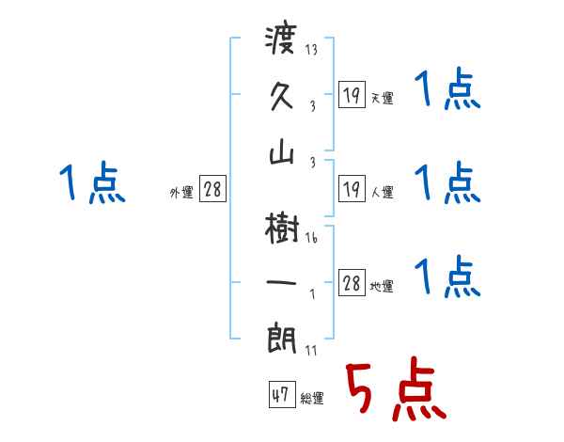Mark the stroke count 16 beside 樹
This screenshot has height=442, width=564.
click(311, 238)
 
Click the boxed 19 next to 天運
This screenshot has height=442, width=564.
click(352, 96)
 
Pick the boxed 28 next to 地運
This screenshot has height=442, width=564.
click(352, 285)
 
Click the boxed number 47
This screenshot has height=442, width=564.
click(280, 396)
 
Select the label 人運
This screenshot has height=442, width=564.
click(382, 193)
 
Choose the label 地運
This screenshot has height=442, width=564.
click(382, 287)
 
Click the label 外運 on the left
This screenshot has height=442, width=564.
click(181, 193)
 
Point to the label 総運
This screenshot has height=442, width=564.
click(312, 399)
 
